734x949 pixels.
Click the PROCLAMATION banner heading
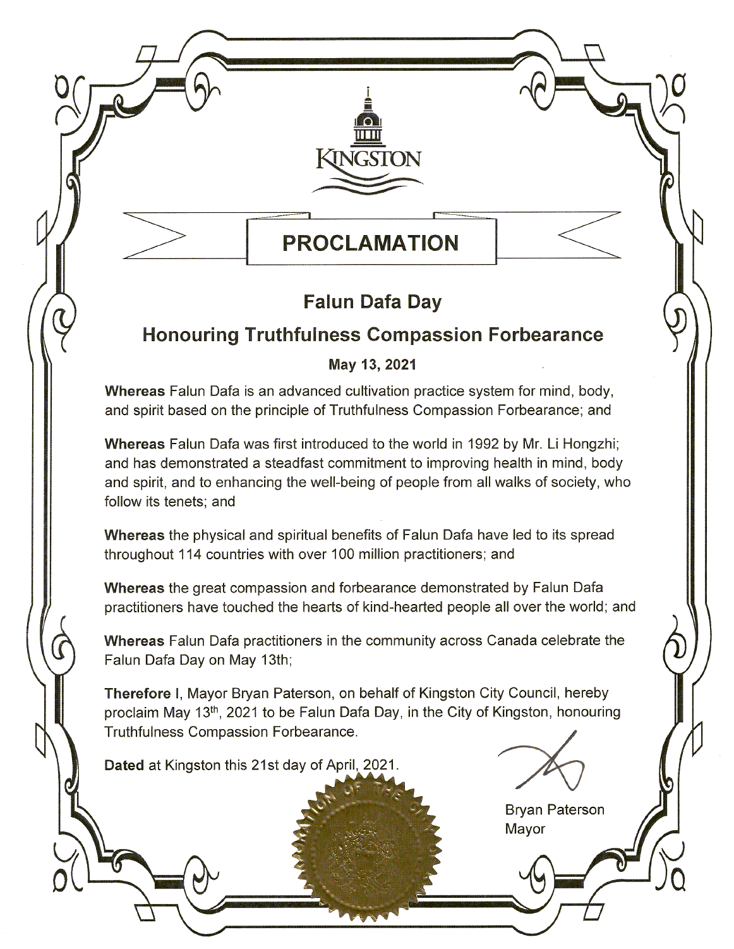[x=370, y=243]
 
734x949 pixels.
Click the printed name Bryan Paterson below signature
[x=555, y=810]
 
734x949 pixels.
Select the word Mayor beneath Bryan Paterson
[x=525, y=829]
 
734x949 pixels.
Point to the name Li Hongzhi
[x=595, y=444]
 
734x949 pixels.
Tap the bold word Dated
[x=124, y=765]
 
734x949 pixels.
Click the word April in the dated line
[x=342, y=765]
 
